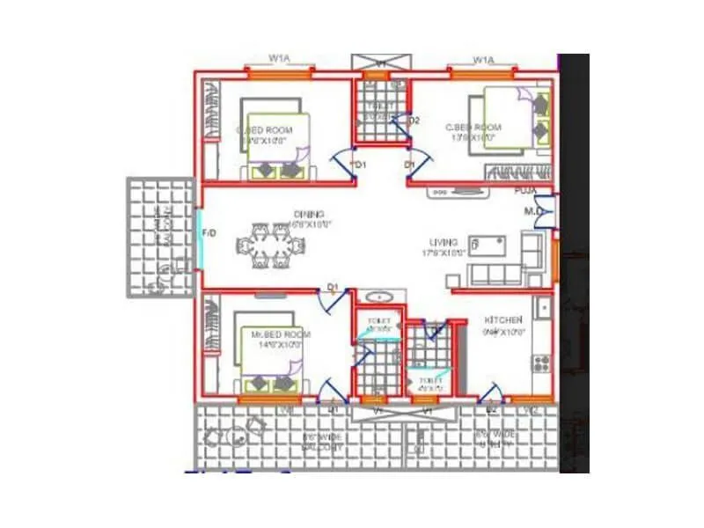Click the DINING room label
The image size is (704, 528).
click(310, 214)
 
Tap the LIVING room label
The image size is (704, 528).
click(439, 242)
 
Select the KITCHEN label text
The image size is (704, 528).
click(503, 319)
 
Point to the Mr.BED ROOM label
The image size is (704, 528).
click(281, 335)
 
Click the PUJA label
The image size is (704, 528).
click(525, 190)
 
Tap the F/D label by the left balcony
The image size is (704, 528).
click(209, 233)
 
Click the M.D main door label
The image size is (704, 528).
click(533, 211)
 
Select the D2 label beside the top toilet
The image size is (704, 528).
click(414, 121)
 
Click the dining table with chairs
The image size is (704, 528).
click(269, 246)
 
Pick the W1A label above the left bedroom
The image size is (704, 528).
click(279, 58)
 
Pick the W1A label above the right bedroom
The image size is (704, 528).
click(482, 60)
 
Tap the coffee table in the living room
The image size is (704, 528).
click(486, 243)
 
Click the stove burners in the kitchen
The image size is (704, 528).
click(540, 363)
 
